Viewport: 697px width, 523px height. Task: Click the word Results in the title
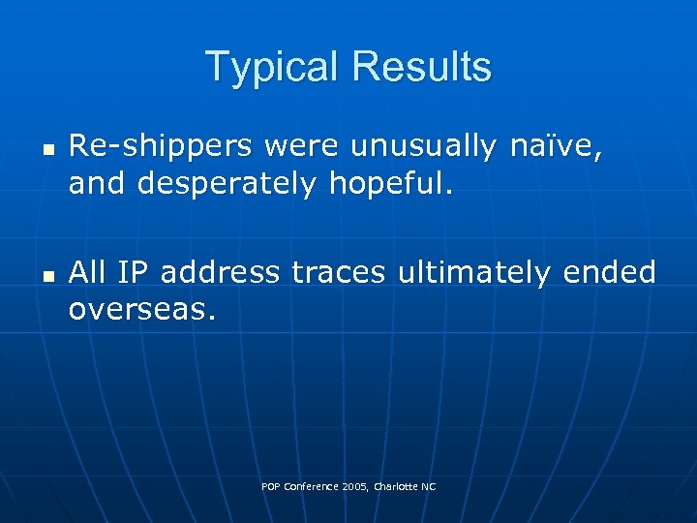[x=422, y=67]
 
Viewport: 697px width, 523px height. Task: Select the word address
[x=220, y=272]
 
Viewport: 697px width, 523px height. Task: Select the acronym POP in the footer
[x=270, y=486]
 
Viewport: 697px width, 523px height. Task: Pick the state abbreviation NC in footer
[x=429, y=486]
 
